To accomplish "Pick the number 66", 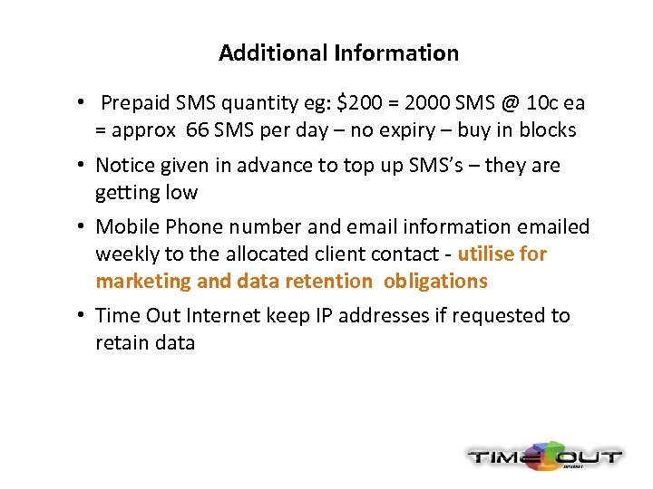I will click(x=196, y=130).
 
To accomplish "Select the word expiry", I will click(x=406, y=130).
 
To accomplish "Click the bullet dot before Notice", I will click(x=82, y=166).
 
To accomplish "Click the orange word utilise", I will click(x=488, y=254).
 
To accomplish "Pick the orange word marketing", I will click(x=142, y=282).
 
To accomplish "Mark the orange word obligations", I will click(x=435, y=282).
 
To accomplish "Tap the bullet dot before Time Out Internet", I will click(x=82, y=316).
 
